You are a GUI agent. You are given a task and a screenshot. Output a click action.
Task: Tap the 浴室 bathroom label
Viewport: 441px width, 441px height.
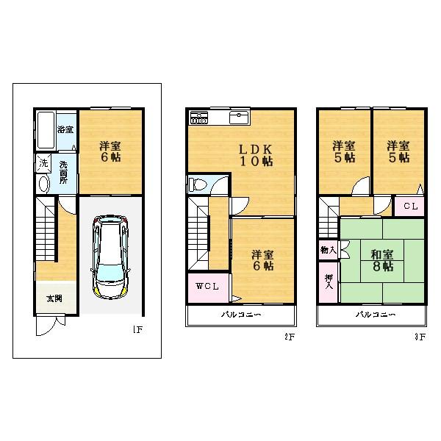pyautogui.click(x=65, y=129)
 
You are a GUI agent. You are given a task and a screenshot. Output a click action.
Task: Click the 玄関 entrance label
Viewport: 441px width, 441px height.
pyautogui.click(x=54, y=299)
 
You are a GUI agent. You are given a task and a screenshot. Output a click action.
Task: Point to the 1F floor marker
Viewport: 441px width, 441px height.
pyautogui.click(x=137, y=330)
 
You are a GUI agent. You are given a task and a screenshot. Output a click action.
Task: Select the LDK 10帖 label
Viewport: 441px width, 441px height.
pyautogui.click(x=251, y=155)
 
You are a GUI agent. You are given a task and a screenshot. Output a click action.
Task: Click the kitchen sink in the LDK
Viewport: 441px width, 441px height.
pyautogui.click(x=240, y=118)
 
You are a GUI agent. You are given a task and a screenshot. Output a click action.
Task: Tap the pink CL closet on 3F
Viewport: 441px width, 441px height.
pyautogui.click(x=410, y=207)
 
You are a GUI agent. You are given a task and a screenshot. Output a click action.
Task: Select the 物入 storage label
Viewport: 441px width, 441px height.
pyautogui.click(x=327, y=251)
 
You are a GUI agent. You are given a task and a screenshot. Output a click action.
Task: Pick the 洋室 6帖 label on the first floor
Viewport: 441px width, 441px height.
pyautogui.click(x=110, y=151)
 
